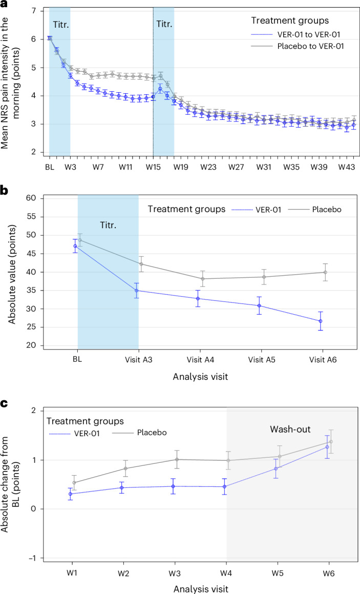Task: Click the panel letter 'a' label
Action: pyautogui.click(x=5, y=6)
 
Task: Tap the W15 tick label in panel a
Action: pyautogui.click(x=153, y=167)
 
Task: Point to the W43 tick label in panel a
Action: pyautogui.click(x=347, y=167)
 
